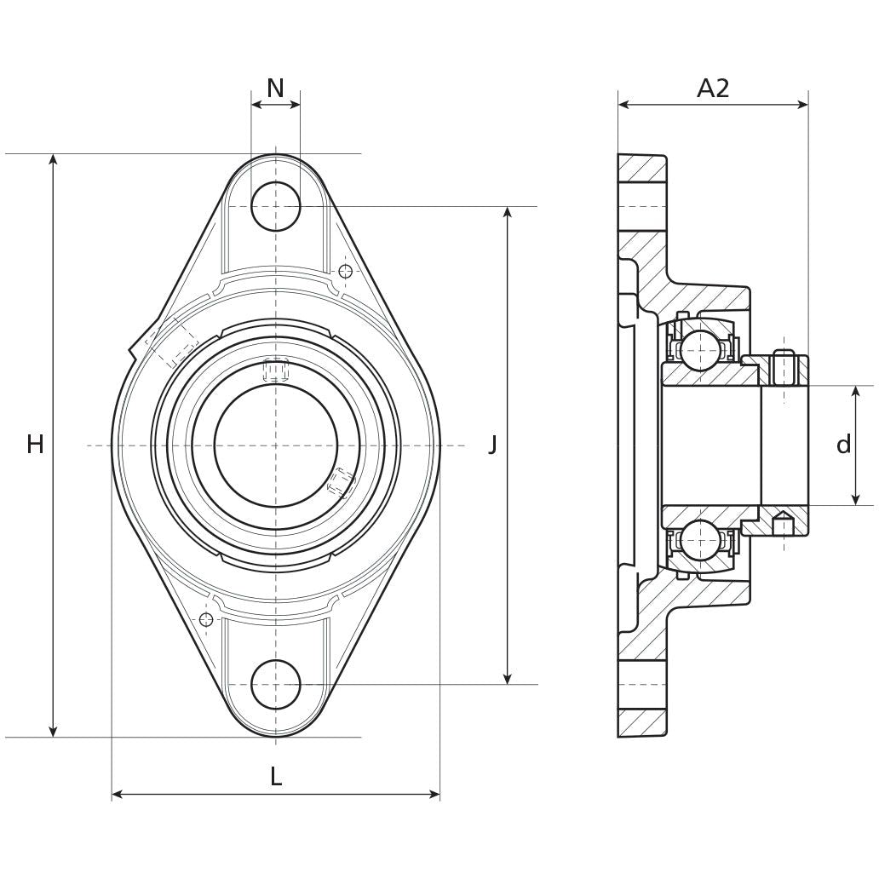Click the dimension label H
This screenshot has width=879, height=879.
[x=35, y=444]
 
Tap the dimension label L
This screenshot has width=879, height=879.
[x=275, y=776]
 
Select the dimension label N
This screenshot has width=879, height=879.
[x=275, y=88]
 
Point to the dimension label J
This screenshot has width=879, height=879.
[x=492, y=444]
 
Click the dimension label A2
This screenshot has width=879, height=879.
[x=713, y=88]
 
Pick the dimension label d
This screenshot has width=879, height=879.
[x=843, y=445]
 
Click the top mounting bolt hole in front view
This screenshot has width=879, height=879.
[x=276, y=206]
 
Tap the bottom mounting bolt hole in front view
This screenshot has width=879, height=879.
[x=276, y=683]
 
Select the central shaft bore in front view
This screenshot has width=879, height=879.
[x=276, y=445]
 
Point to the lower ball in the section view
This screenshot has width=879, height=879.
[x=698, y=539]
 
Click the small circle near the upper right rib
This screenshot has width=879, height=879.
[x=345, y=271]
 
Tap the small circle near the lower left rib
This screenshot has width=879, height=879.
[x=205, y=619]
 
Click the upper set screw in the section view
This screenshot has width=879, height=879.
[x=784, y=367]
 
